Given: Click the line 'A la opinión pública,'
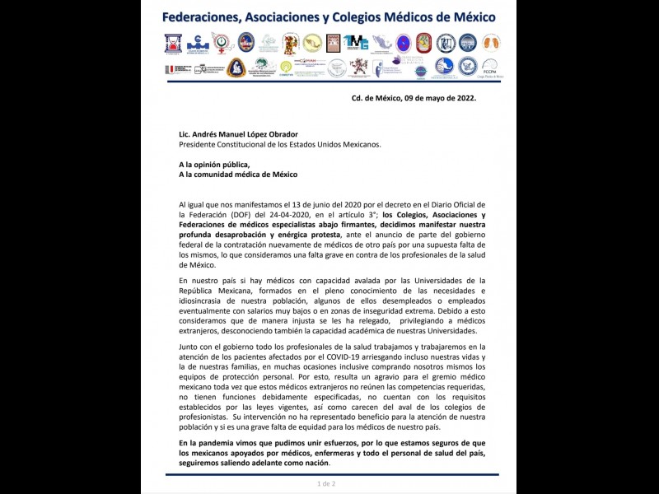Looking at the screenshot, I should click(x=213, y=164).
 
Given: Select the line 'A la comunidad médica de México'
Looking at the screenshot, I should click(x=237, y=175).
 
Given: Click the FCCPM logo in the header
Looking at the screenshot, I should click(x=489, y=67).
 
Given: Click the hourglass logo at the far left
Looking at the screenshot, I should click(x=173, y=43).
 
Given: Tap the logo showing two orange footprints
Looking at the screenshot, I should click(x=492, y=42).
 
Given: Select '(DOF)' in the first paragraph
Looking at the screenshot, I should click(x=240, y=214).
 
